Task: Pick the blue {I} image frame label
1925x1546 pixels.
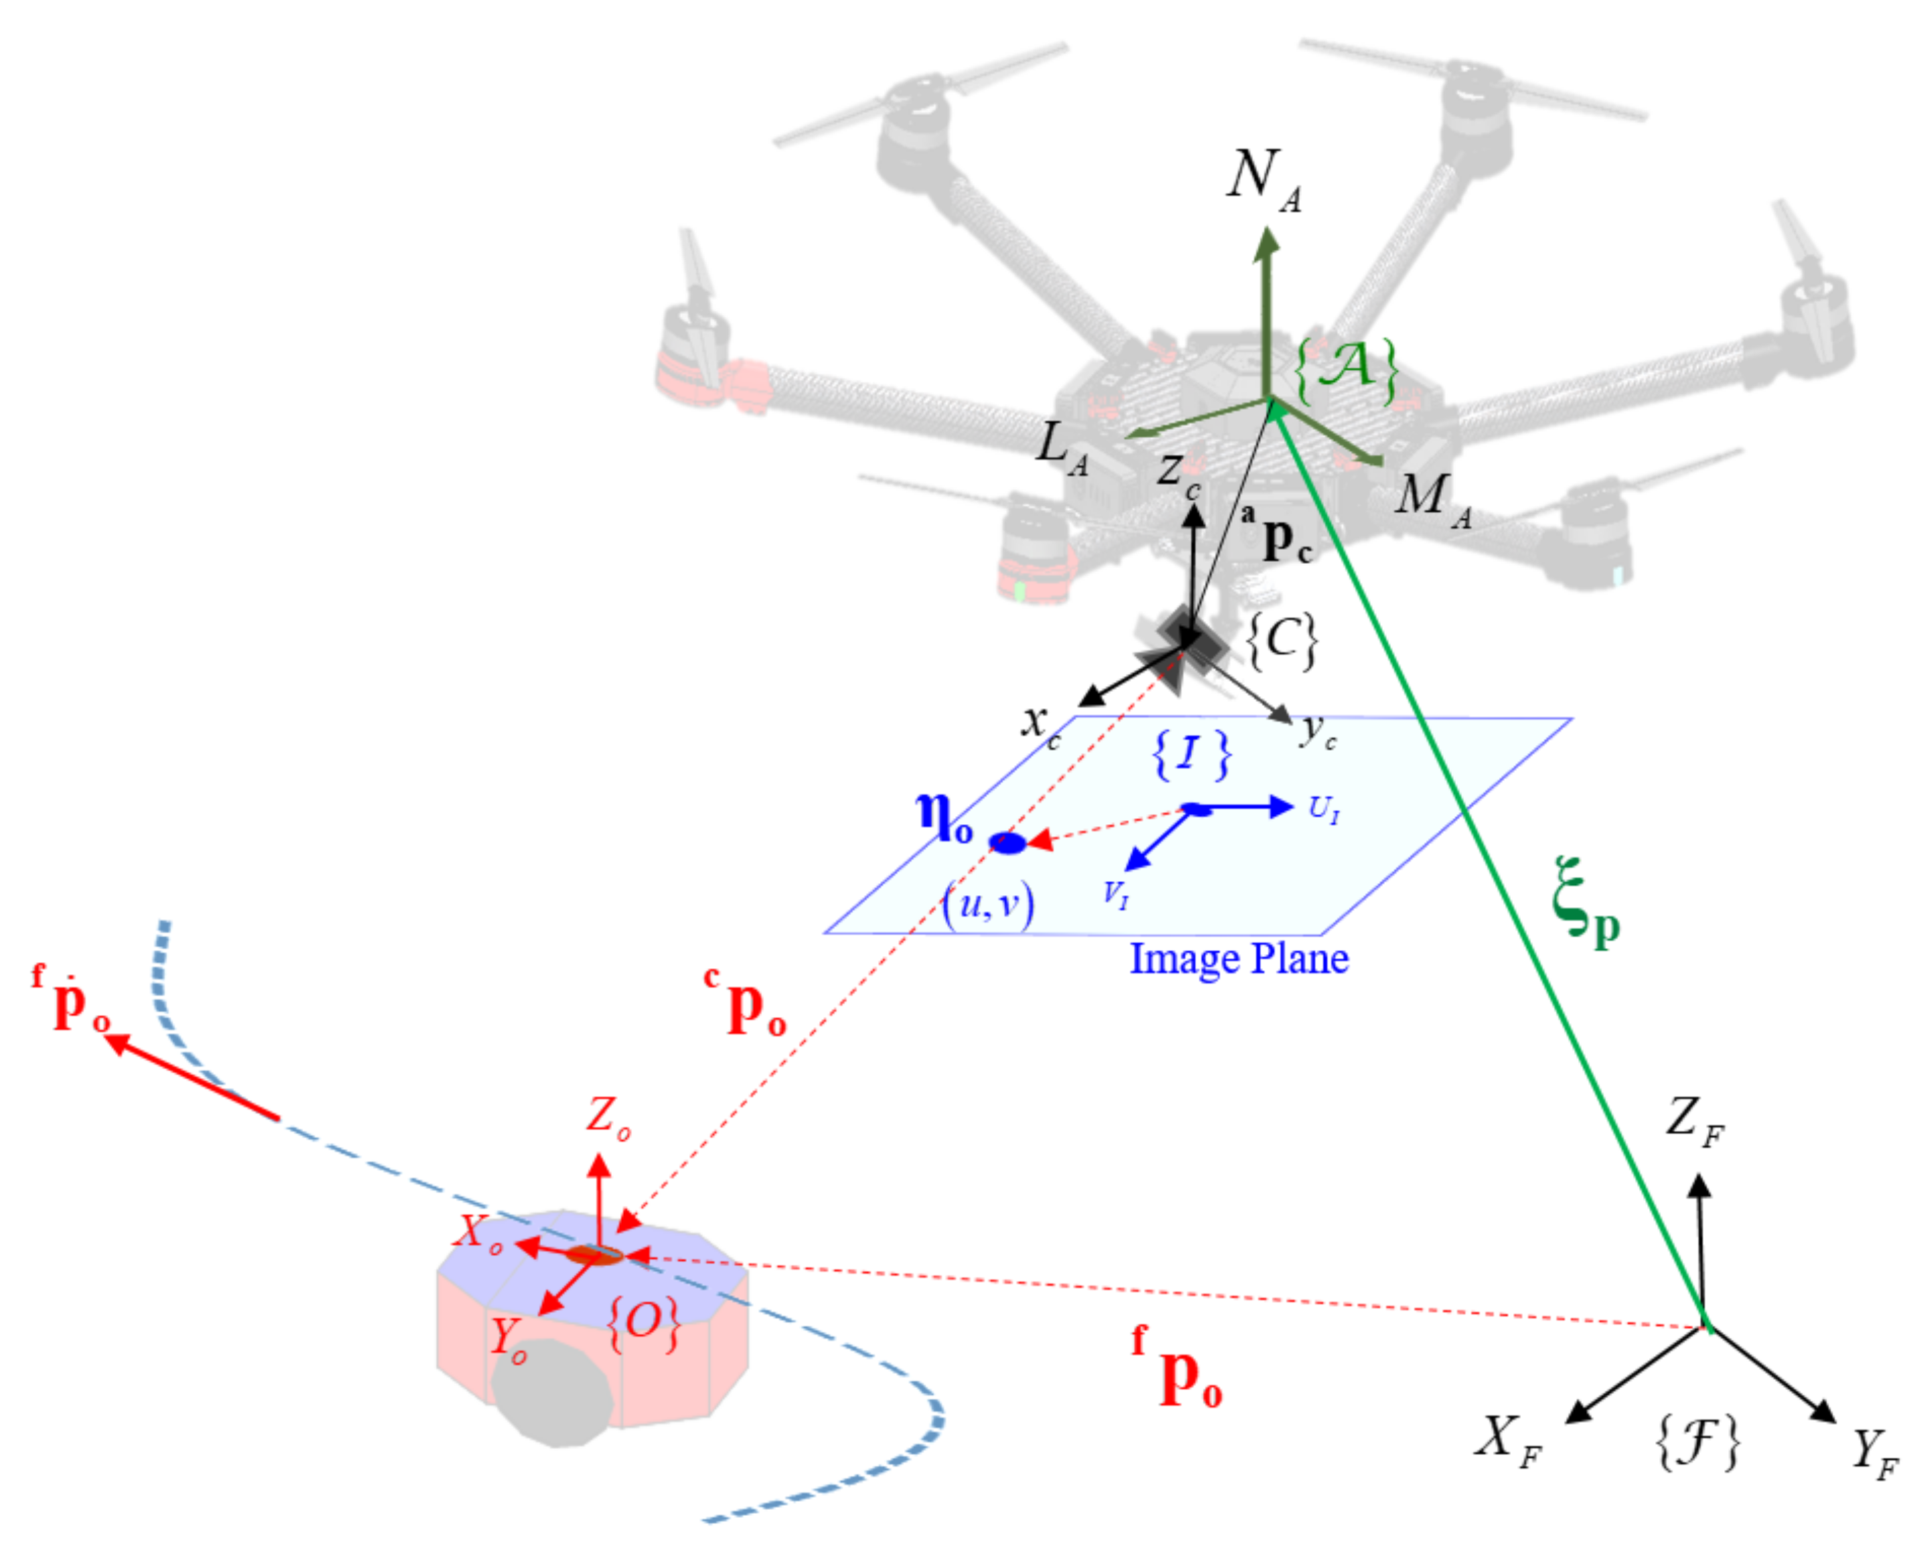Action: coord(1190,755)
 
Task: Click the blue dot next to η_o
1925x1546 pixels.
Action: coord(1008,842)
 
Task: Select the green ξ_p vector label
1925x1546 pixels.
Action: coord(1585,902)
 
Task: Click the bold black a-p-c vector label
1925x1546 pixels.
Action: coord(1278,536)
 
